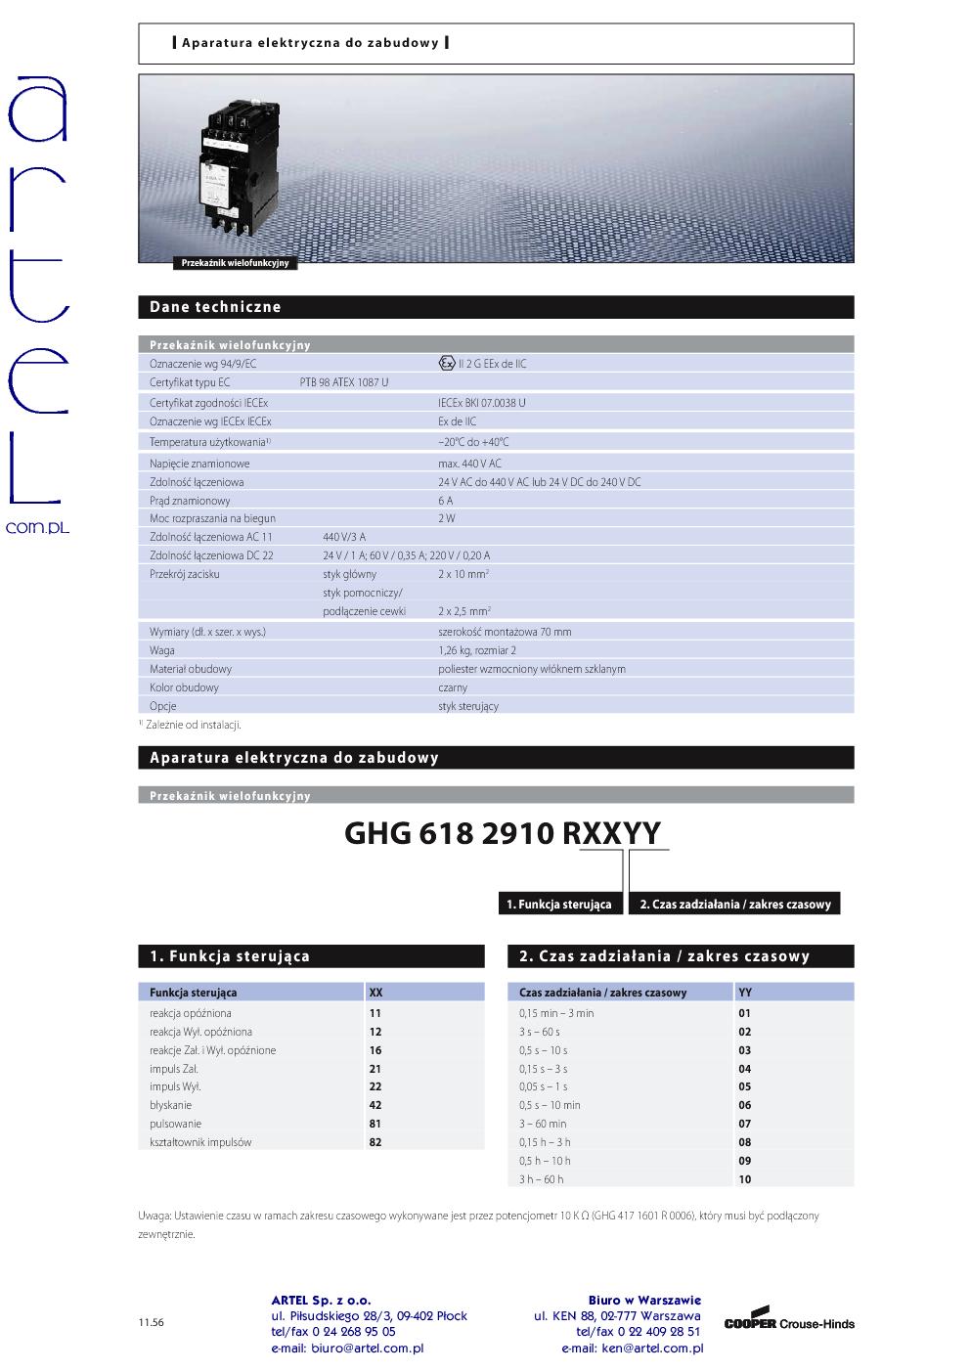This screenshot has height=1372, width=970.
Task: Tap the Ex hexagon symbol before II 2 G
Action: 447,363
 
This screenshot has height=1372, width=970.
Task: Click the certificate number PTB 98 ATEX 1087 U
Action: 343,382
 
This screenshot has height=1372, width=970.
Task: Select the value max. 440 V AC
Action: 469,464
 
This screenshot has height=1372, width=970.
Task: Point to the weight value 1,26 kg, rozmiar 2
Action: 477,650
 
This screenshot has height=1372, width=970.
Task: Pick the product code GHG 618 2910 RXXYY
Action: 503,833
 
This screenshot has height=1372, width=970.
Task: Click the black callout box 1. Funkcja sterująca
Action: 559,905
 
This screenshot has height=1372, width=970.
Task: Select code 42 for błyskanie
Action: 375,1105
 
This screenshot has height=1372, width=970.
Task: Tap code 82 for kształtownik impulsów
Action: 375,1142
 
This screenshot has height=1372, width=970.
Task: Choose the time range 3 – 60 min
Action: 543,1124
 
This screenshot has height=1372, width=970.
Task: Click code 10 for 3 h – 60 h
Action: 745,1179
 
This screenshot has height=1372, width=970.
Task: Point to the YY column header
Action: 745,993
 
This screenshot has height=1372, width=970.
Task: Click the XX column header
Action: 375,993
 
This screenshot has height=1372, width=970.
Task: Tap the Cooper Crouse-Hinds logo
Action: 789,1321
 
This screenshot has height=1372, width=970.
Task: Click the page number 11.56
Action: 151,1323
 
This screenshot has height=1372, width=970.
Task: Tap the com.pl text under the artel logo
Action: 37,527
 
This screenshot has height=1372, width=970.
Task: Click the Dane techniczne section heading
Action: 215,307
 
